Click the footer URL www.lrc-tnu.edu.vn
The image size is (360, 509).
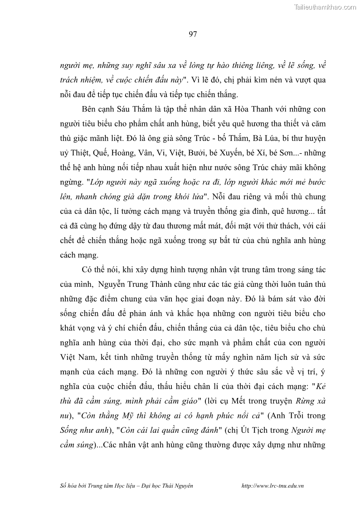273,485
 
